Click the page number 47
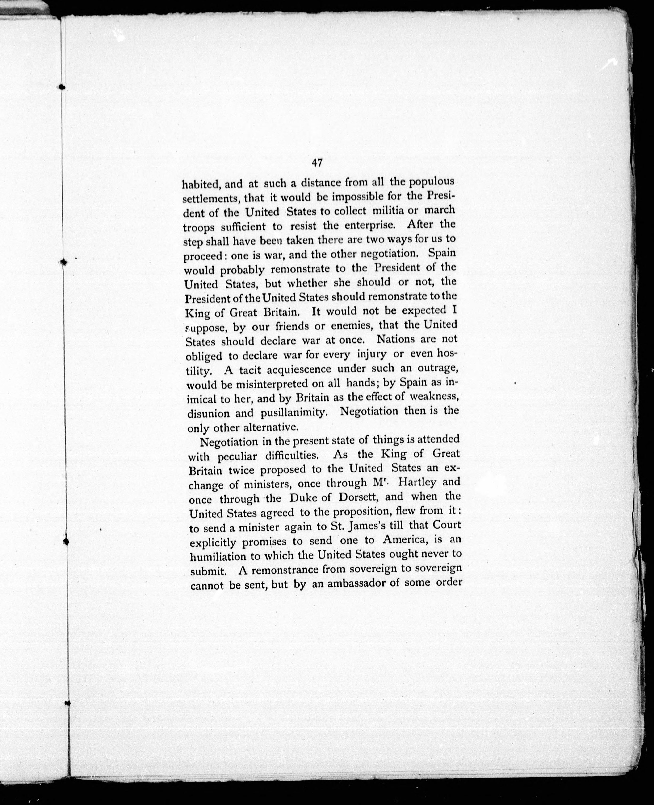(316, 163)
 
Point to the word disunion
(208, 413)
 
